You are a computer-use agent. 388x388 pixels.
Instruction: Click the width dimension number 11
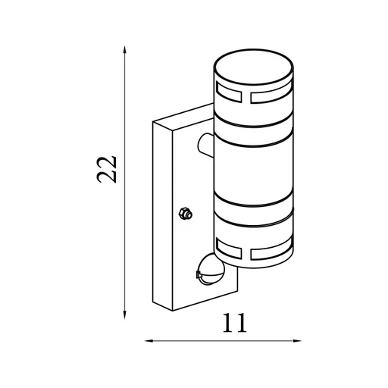[x=235, y=324]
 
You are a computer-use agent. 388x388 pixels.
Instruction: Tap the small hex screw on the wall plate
[x=185, y=214]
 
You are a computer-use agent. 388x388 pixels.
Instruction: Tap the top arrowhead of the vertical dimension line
[x=124, y=50]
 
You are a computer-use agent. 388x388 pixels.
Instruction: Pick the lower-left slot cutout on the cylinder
[x=229, y=245]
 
